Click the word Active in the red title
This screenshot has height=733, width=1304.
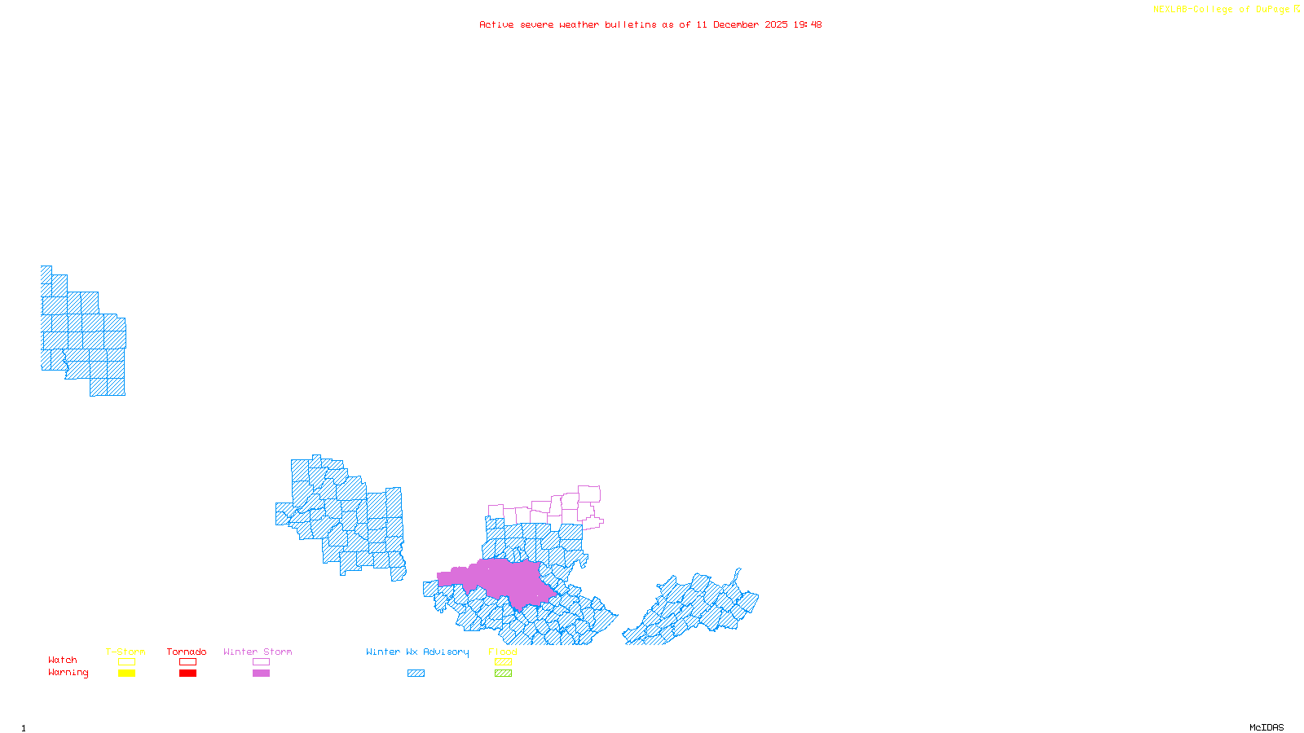(x=496, y=25)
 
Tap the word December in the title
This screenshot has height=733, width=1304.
(x=735, y=25)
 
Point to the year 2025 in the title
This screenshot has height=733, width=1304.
(x=776, y=25)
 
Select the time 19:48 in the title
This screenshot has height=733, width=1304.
(x=808, y=25)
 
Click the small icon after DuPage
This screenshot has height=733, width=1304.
(x=1297, y=10)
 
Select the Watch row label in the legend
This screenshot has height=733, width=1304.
(x=63, y=661)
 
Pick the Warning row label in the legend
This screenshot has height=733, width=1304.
(x=68, y=673)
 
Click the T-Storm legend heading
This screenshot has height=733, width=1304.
(x=126, y=652)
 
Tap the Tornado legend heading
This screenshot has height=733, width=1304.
(x=187, y=652)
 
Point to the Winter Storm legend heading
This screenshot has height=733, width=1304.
(x=258, y=652)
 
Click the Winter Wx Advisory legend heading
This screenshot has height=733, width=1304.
(x=417, y=652)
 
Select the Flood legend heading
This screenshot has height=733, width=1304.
(x=503, y=652)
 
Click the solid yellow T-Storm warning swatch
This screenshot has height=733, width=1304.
(x=126, y=674)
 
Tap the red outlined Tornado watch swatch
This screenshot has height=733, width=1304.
(x=187, y=662)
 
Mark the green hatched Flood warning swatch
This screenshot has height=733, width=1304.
(x=503, y=674)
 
